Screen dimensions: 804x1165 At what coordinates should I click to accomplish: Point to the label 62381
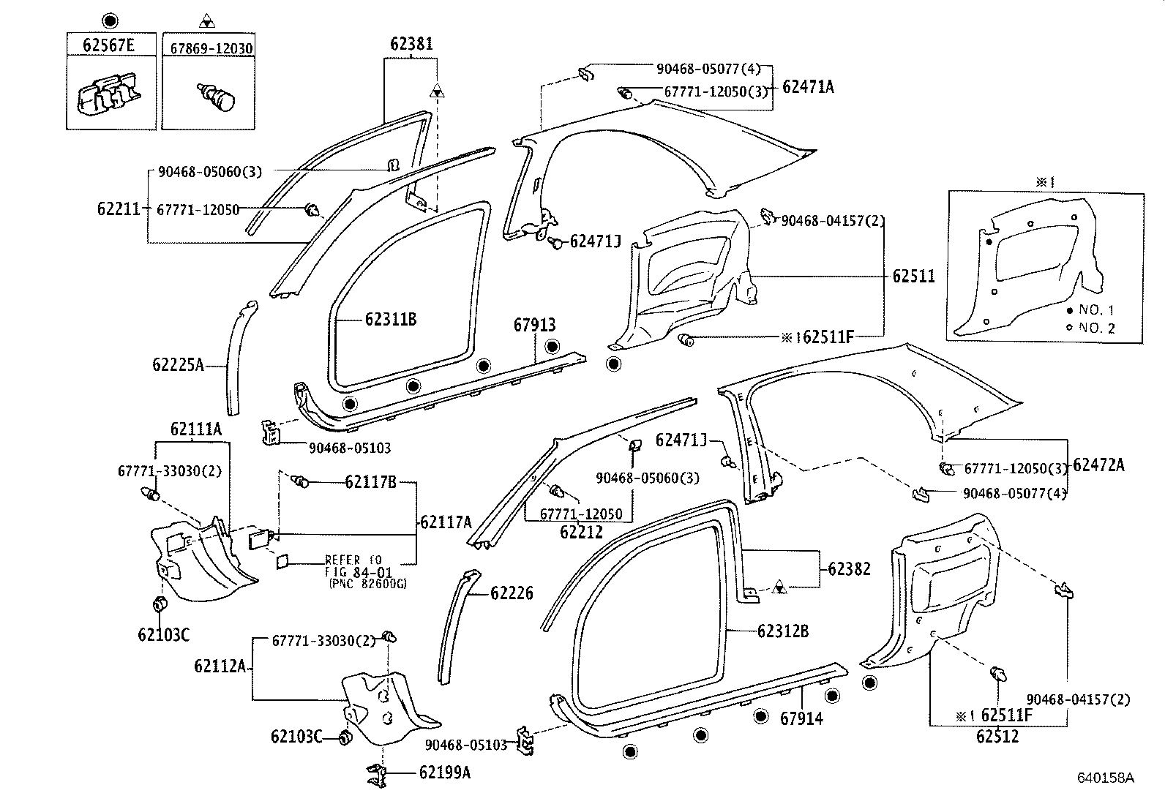pos(411,44)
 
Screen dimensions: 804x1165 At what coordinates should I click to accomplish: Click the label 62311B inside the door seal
pos(391,320)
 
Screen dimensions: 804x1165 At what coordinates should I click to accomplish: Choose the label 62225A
pos(178,364)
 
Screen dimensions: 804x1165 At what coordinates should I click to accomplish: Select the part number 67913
pos(534,325)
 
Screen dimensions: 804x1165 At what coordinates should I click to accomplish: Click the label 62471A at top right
pos(808,87)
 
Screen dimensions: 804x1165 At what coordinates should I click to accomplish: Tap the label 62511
pos(913,277)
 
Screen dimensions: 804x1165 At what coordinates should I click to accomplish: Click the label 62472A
pos(1098,465)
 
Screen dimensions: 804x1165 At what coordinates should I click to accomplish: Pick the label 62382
pos(849,568)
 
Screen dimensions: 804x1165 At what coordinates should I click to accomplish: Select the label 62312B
pos(783,631)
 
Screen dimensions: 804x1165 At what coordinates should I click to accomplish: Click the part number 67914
pos(801,718)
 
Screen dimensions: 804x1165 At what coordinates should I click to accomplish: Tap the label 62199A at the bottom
pos(445,772)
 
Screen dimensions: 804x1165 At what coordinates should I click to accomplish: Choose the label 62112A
pos(220,666)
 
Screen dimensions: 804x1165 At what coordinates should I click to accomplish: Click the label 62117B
pos(370,482)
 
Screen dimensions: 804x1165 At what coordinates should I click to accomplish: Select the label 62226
pos(512,593)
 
